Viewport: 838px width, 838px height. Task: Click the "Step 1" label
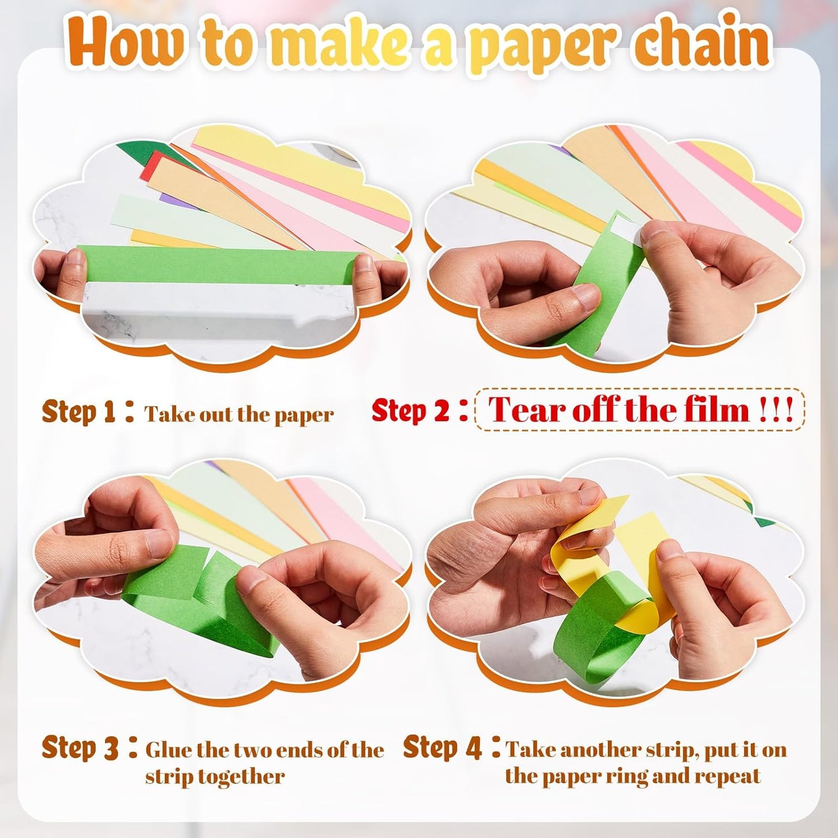point(79,412)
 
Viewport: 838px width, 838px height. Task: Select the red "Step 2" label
point(411,411)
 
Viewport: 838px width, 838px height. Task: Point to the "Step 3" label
point(80,748)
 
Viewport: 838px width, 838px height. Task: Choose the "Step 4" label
point(442,748)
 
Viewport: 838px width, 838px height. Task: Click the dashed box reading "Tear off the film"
point(640,410)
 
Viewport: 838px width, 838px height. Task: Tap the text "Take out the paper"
point(239,415)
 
